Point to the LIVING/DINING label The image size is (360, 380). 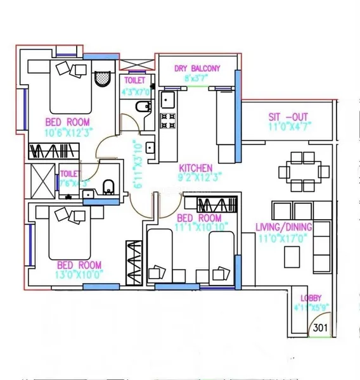[x=283, y=227]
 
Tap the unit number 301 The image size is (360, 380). [x=319, y=329]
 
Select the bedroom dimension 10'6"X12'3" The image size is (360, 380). [x=67, y=132]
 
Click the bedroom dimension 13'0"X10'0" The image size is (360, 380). [x=80, y=275]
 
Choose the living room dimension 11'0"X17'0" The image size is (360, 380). [x=283, y=237]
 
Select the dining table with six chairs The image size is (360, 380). [x=304, y=170]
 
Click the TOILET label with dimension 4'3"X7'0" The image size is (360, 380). [x=134, y=81]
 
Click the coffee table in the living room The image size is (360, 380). [x=292, y=256]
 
